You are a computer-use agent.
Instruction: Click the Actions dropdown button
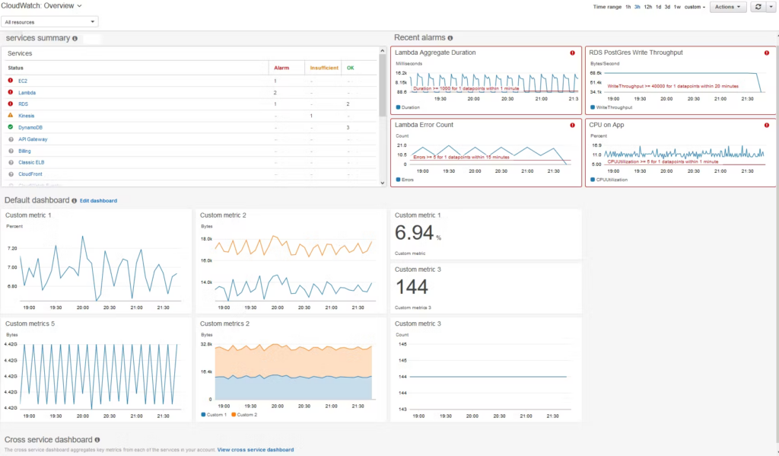click(x=727, y=7)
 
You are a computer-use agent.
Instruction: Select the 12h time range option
click(x=647, y=7)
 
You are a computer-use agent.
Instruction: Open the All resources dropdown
click(x=50, y=22)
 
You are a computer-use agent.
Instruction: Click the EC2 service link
click(x=23, y=80)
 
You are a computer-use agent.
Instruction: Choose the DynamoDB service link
click(x=30, y=127)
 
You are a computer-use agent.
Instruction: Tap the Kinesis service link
click(x=26, y=116)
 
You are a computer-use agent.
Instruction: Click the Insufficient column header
click(x=323, y=68)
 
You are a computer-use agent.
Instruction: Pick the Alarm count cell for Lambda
click(x=275, y=92)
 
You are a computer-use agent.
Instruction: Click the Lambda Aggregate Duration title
click(x=435, y=53)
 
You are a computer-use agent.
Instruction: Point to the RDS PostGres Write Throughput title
click(x=635, y=53)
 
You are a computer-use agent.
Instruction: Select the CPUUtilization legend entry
click(x=610, y=180)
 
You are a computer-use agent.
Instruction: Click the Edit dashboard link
click(x=98, y=200)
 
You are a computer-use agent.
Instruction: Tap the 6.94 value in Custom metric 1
click(x=414, y=233)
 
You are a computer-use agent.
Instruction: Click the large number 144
click(x=412, y=286)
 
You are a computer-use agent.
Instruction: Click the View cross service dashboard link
click(x=255, y=450)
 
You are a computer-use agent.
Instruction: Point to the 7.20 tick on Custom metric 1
click(x=11, y=249)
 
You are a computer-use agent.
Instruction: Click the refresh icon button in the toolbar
click(x=758, y=7)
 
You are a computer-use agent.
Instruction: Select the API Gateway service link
click(x=33, y=139)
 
